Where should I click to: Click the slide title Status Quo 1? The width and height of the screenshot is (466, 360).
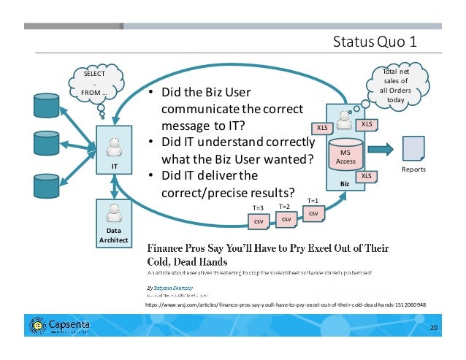point(374,40)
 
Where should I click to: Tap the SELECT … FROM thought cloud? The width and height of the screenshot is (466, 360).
point(94,83)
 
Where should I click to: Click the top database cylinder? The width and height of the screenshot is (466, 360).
point(45,106)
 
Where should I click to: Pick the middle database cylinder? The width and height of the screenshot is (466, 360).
point(45,145)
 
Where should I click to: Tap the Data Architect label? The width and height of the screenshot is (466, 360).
point(114,234)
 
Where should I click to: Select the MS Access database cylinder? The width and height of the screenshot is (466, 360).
point(346,153)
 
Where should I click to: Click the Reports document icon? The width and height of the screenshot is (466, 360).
point(414,149)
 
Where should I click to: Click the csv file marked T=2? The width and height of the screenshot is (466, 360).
point(286,218)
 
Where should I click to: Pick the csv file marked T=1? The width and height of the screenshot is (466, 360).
point(314,212)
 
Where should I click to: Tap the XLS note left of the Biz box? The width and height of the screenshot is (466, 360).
point(321,129)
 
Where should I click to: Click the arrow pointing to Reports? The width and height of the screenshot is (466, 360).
point(381,150)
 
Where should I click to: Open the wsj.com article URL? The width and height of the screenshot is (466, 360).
point(286,304)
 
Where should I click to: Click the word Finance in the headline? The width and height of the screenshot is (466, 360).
point(169,246)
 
